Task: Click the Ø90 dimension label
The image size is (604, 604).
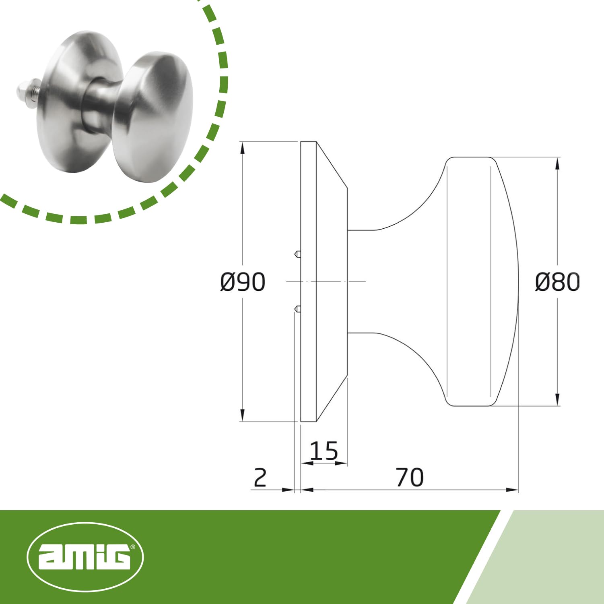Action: [243, 282]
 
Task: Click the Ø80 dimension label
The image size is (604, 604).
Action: [557, 282]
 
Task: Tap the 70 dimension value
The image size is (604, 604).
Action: [410, 478]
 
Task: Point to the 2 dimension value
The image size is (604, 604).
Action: [260, 478]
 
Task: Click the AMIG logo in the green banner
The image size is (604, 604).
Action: [85, 557]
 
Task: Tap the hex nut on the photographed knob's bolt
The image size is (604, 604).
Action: [23, 91]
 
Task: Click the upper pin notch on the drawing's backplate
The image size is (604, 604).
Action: [297, 254]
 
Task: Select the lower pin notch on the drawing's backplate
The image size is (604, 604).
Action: [297, 309]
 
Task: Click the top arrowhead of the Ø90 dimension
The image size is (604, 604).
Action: [242, 148]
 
